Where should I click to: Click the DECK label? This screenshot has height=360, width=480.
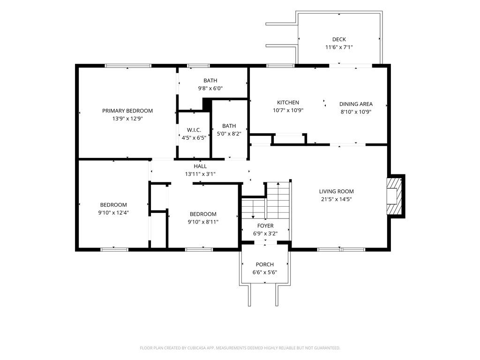[339, 39]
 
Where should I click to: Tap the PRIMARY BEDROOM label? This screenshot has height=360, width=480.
[127, 111]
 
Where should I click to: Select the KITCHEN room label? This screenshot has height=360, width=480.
[288, 103]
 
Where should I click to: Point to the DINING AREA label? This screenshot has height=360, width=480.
[356, 104]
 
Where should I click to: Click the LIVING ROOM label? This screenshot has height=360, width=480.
[336, 191]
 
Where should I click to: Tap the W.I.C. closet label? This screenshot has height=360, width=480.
[194, 130]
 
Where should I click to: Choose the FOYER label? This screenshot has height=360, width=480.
[265, 225]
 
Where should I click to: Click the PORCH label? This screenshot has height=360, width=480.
[265, 264]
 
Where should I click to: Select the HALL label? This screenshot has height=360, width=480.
[200, 166]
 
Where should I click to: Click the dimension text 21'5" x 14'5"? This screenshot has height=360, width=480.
[336, 199]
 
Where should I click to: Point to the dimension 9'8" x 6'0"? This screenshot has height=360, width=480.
[210, 89]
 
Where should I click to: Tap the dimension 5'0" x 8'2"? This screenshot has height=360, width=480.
[229, 134]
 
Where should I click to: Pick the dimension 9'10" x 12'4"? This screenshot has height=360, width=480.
[113, 213]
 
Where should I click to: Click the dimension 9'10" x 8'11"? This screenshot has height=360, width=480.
[203, 222]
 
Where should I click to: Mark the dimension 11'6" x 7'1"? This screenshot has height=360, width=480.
[339, 47]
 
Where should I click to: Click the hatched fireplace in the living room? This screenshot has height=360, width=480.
[394, 196]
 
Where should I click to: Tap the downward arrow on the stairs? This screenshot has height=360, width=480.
[253, 210]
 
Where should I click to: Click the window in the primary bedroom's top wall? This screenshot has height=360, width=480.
[128, 66]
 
